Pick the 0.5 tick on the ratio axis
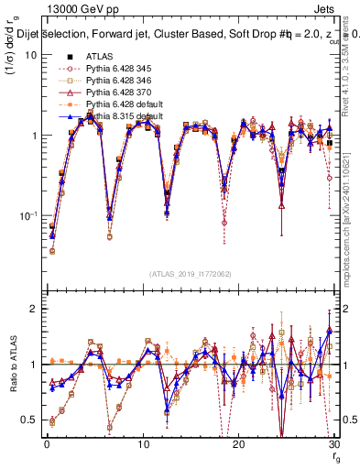click(x=30, y=420)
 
